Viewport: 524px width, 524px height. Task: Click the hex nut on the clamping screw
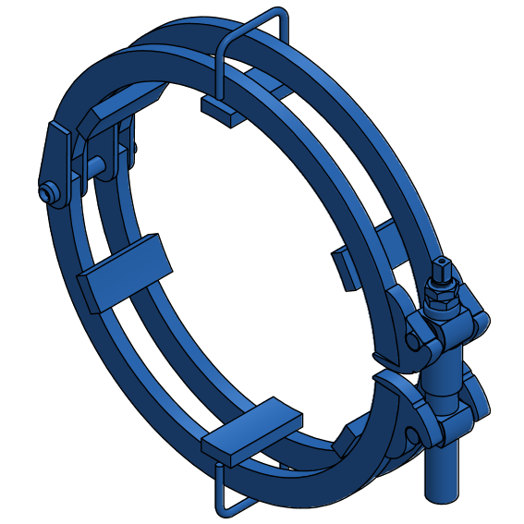click(443, 292)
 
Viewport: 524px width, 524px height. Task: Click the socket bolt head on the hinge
click(47, 191)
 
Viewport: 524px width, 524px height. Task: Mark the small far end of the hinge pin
click(135, 148)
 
